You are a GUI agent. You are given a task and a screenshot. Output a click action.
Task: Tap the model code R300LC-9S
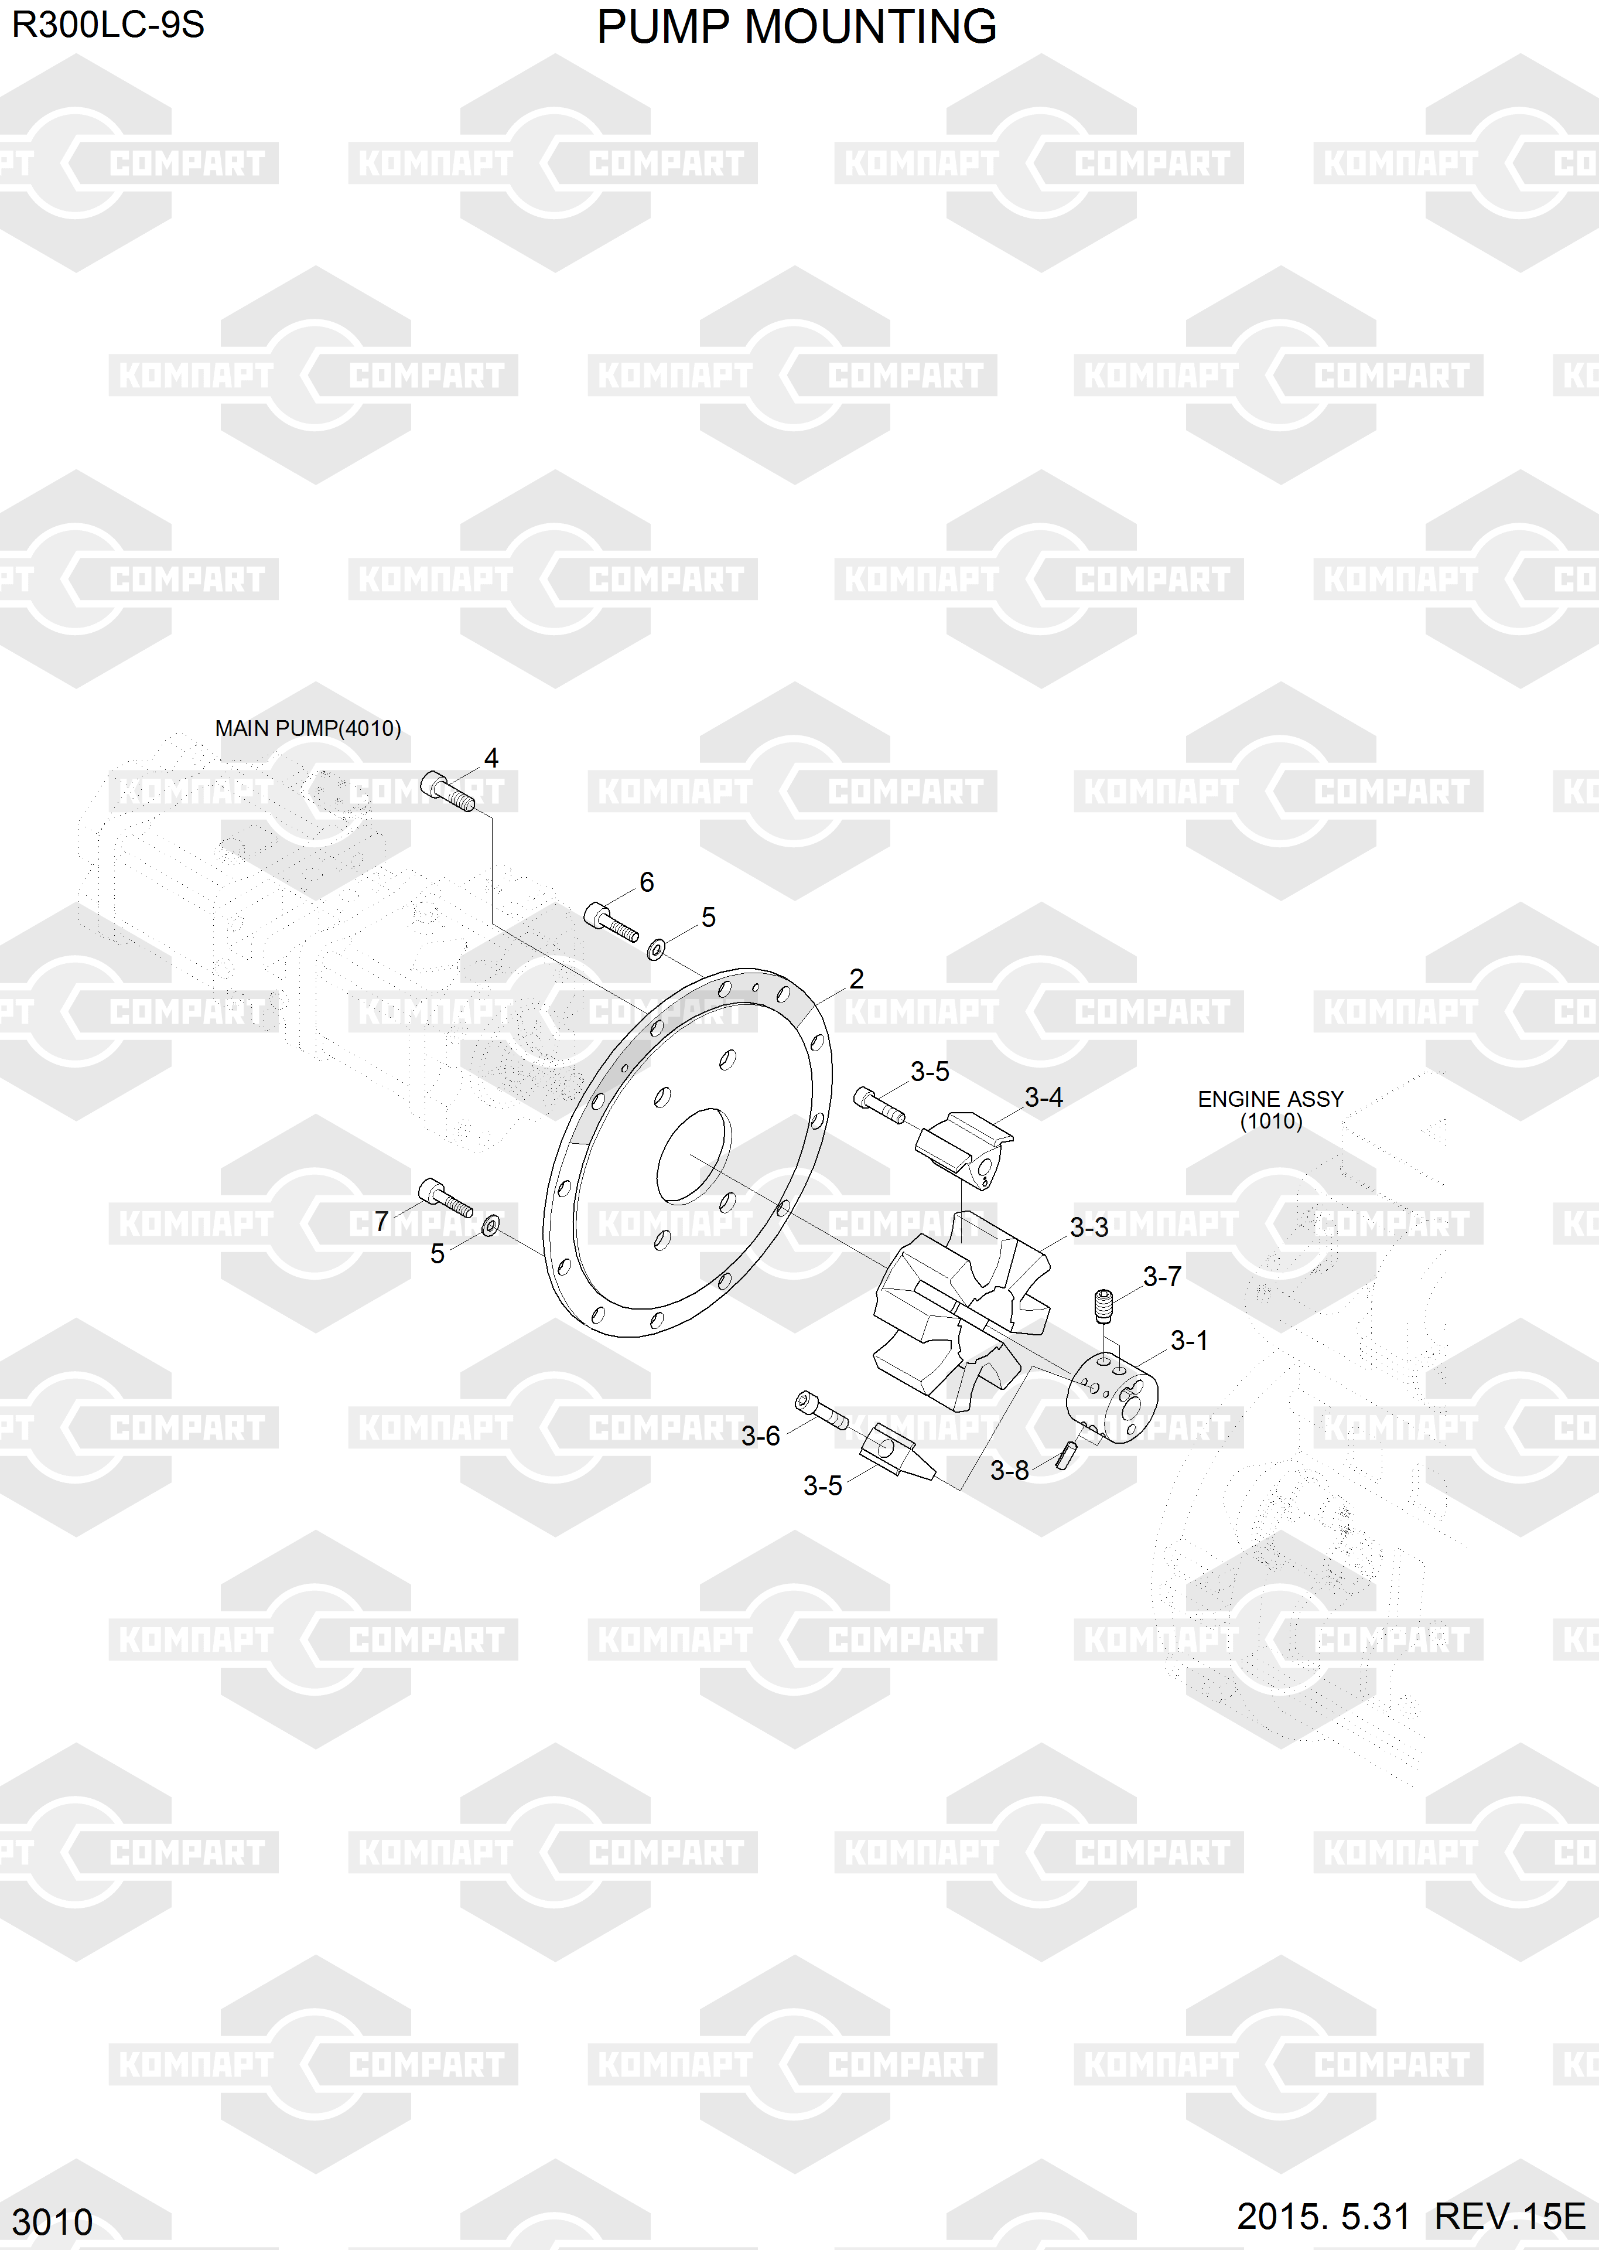(108, 25)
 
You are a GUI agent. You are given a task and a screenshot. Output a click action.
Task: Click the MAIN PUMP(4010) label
(308, 729)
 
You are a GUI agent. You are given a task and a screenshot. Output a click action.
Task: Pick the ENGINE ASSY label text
(1270, 1099)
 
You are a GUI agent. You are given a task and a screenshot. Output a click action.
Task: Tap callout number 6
(647, 882)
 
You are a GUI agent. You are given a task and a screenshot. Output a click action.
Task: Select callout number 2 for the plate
(856, 979)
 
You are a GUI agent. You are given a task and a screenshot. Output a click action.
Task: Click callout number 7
(382, 1221)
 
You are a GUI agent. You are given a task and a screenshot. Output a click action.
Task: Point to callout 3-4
(1044, 1097)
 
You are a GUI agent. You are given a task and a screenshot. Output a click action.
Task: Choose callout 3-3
(1089, 1227)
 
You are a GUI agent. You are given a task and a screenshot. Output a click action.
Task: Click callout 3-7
(1162, 1277)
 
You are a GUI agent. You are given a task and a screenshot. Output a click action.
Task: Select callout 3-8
(1009, 1471)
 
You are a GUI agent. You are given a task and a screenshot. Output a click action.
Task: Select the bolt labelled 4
(447, 790)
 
